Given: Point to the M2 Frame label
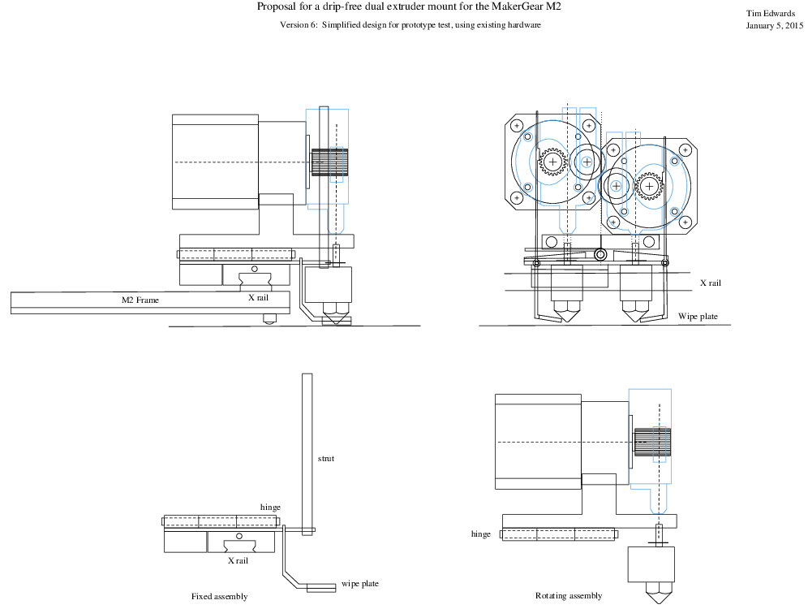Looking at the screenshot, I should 140,300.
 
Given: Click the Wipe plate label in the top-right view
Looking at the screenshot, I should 698,317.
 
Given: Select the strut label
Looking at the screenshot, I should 325,459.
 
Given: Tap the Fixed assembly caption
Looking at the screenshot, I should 219,597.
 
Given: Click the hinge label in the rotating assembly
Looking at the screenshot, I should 481,534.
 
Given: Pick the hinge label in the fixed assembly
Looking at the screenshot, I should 270,508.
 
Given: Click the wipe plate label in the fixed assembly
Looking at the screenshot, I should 359,584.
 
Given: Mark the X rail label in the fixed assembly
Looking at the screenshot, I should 238,560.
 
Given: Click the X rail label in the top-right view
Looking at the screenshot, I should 710,283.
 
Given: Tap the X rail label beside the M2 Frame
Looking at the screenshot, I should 258,297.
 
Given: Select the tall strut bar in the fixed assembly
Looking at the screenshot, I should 307,451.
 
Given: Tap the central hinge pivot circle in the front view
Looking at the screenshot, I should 600,255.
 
